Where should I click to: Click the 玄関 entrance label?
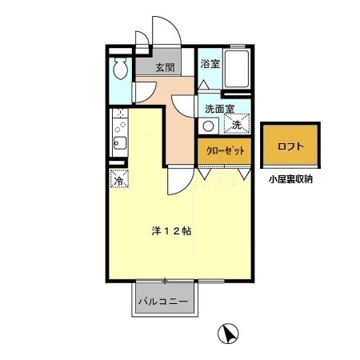pos(165,67)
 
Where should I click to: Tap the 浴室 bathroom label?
pos(210,64)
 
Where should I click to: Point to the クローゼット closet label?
pos(225,149)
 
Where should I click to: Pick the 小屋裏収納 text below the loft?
pos(291,179)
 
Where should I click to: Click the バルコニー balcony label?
pos(162,303)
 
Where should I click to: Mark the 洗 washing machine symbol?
pos(237,124)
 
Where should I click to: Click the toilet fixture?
pos(120,70)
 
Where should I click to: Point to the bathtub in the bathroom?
pos(237,70)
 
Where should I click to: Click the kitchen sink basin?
pos(118,145)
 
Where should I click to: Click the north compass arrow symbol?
pos(228,333)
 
